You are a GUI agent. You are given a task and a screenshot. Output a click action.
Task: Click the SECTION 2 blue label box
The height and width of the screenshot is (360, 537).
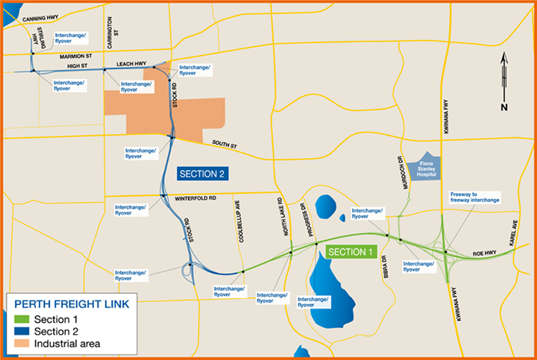[x=202, y=174]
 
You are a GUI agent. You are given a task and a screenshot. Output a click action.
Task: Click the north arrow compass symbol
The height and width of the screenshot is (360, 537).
[x=504, y=82]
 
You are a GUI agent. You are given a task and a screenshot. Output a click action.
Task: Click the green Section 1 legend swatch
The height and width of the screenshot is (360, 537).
[x=21, y=319]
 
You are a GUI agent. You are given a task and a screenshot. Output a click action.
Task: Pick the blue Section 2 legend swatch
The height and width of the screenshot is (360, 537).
[x=21, y=332]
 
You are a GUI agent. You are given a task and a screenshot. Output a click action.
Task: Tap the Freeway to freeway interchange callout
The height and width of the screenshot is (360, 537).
[x=474, y=198]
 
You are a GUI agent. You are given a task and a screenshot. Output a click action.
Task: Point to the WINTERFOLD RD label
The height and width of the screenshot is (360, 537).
[x=195, y=198]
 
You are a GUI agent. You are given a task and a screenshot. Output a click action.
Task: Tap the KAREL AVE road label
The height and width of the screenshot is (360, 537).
[x=513, y=236]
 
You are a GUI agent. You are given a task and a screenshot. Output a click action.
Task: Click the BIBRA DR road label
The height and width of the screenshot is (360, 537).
[x=383, y=266]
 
